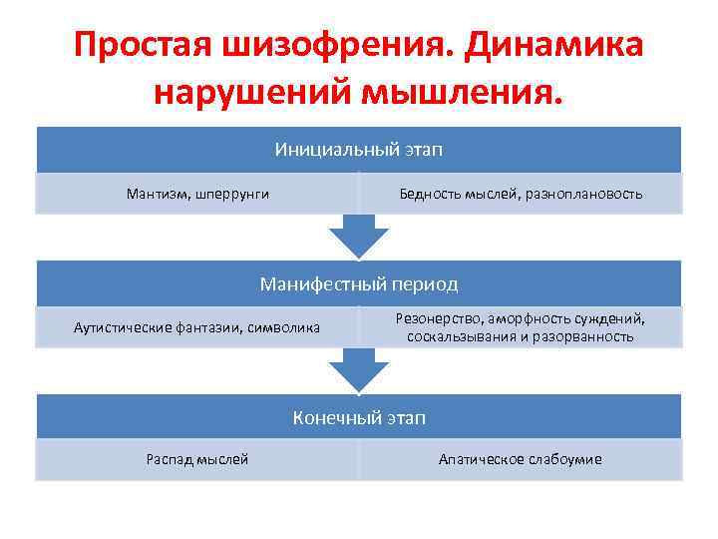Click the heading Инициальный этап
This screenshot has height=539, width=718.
[359, 150]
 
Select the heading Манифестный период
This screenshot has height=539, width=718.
[359, 284]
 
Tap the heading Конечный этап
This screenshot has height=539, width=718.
[359, 418]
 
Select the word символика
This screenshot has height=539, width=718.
[286, 327]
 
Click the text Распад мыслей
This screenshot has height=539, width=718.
[197, 459]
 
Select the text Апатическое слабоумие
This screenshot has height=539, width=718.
[520, 459]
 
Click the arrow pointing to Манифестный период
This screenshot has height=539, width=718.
[359, 237]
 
